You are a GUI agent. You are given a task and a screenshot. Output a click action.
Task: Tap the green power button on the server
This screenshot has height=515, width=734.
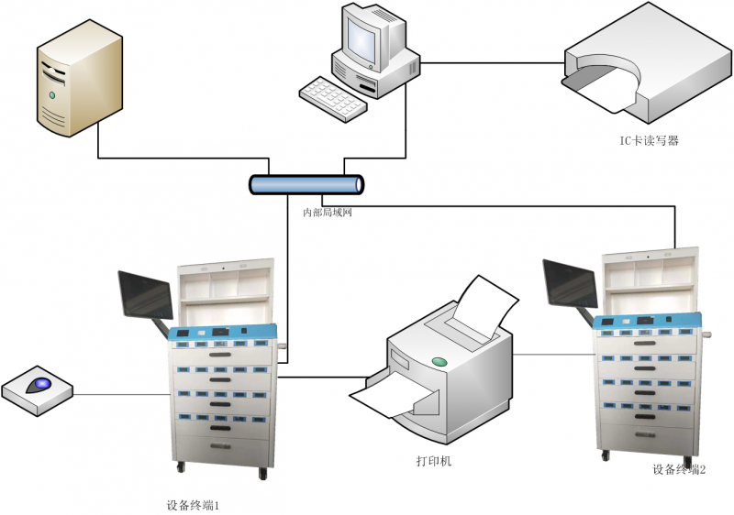52,94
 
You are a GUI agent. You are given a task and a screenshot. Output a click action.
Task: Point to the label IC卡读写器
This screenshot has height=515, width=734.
648,141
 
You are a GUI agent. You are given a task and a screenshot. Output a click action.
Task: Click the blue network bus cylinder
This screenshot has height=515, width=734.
307,184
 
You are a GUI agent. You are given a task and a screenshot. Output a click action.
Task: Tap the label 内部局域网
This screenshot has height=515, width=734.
328,212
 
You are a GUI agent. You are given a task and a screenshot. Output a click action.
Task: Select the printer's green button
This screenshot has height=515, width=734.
439,362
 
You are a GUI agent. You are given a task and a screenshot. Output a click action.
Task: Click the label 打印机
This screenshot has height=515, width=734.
434,461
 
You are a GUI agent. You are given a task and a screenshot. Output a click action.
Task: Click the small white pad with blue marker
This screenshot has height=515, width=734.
38,389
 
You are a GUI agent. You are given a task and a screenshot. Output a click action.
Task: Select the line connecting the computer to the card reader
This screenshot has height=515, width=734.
491,63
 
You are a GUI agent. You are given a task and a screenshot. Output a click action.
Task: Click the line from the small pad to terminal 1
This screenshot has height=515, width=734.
119,395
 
